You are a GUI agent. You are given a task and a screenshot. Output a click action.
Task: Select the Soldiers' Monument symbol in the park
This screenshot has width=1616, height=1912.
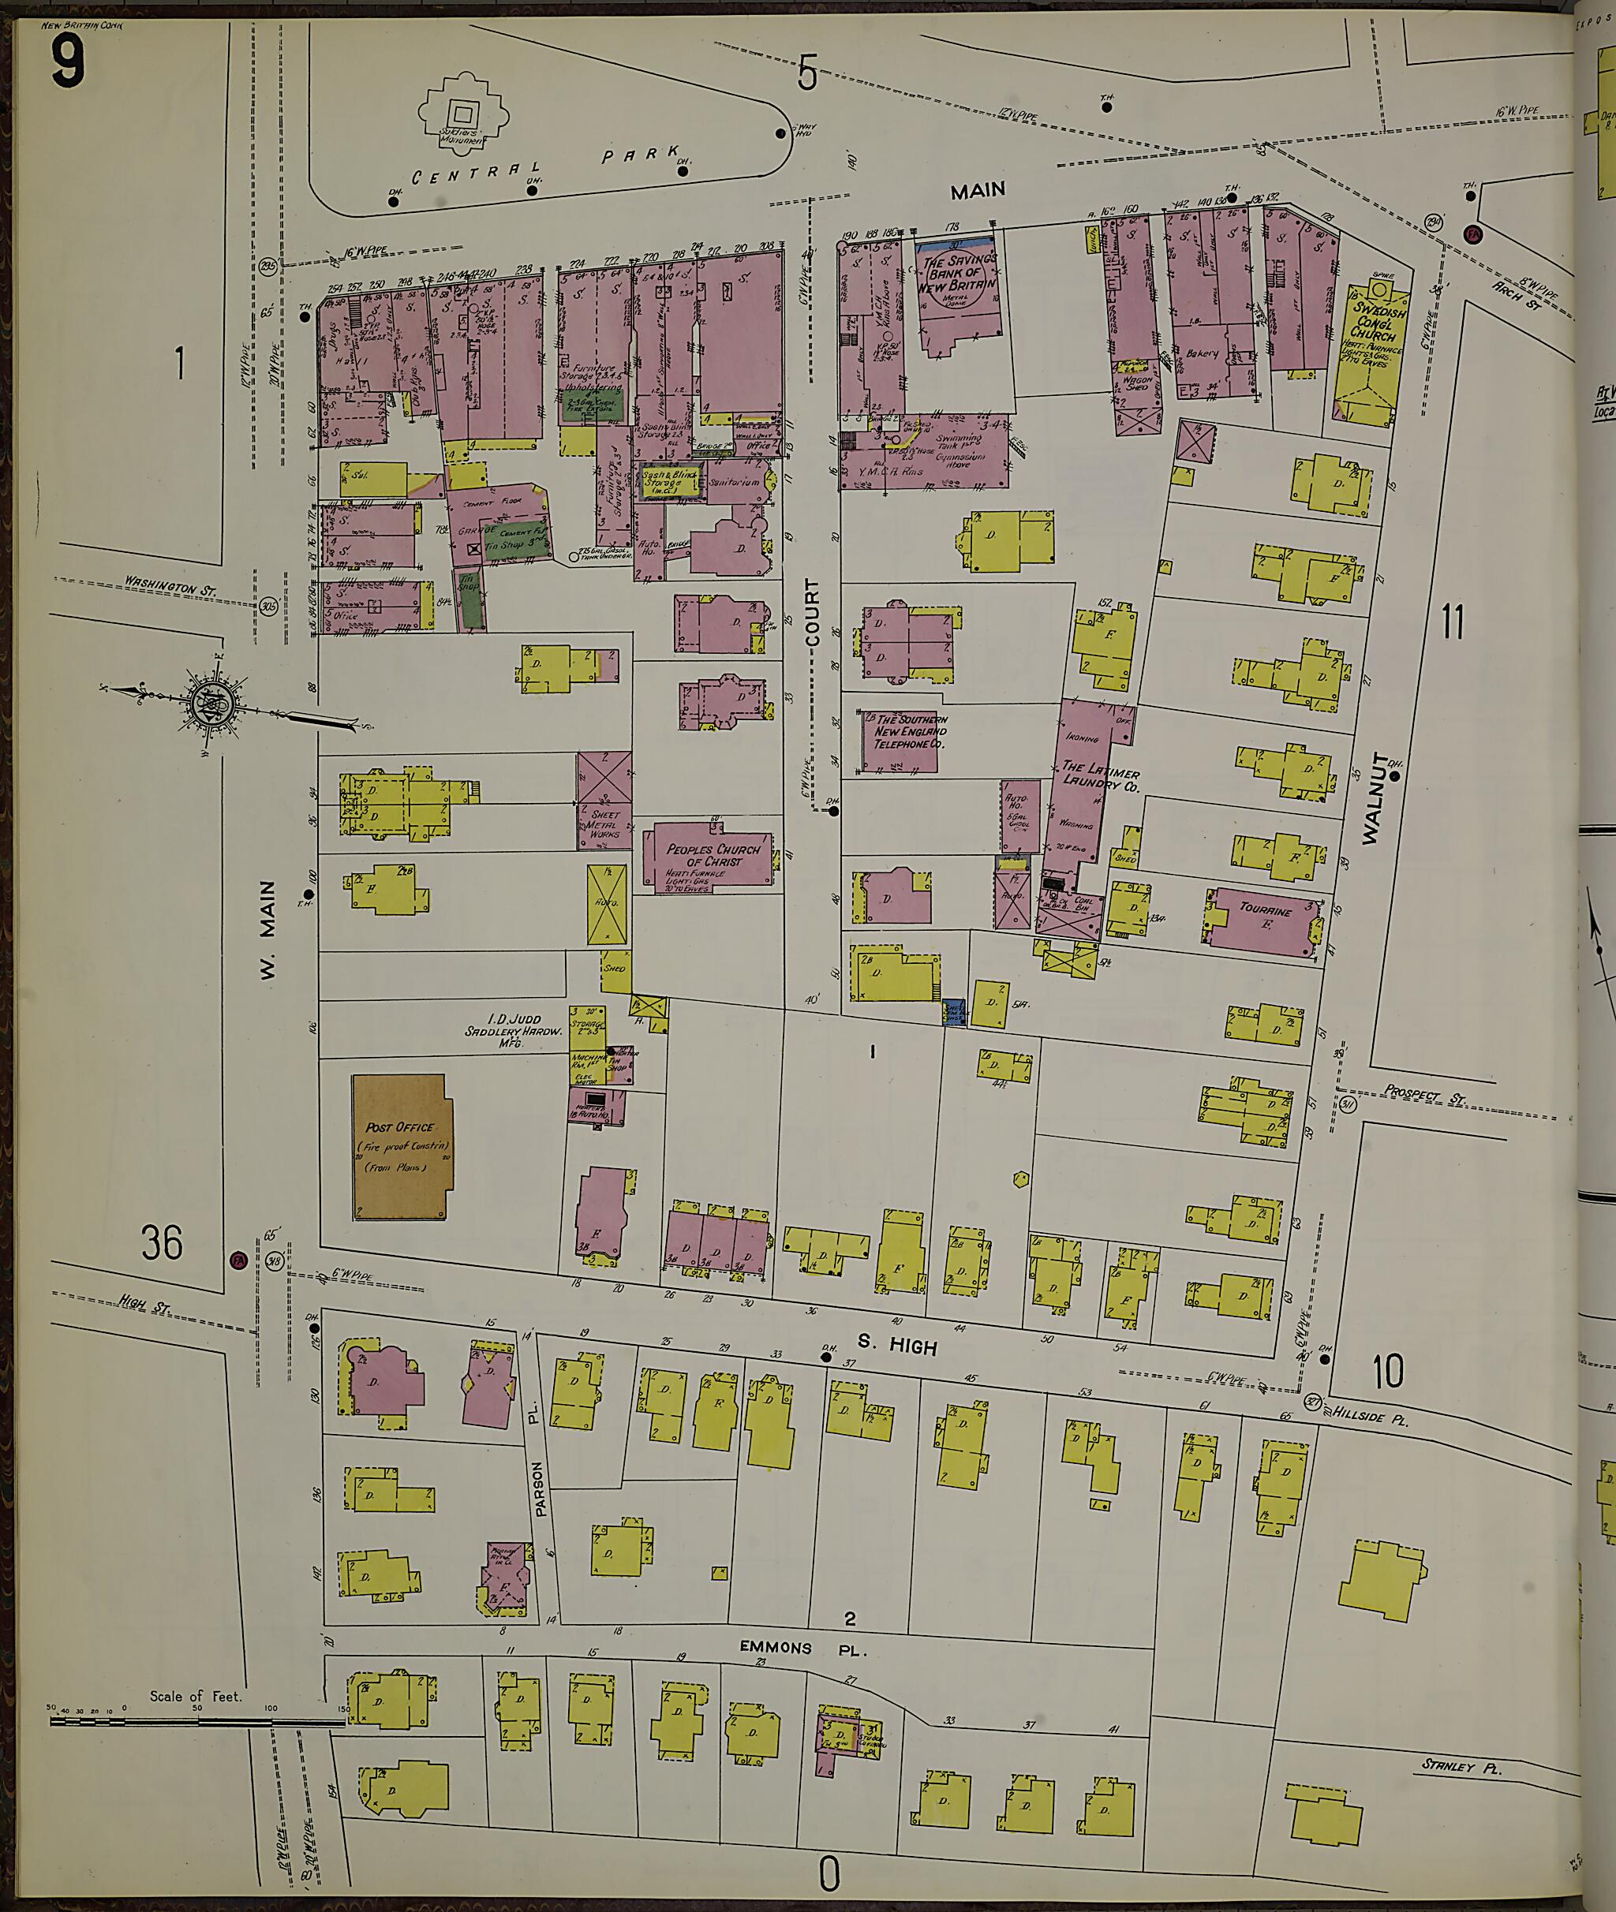pyautogui.click(x=462, y=114)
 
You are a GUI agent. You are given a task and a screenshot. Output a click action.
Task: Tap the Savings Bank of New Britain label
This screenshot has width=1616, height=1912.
pyautogui.click(x=958, y=274)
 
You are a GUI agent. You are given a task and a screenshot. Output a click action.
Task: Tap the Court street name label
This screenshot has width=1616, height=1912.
pyautogui.click(x=812, y=614)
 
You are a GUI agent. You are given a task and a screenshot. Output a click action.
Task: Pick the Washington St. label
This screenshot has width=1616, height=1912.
pyautogui.click(x=170, y=585)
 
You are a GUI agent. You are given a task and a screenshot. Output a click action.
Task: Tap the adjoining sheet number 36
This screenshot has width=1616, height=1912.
pyautogui.click(x=162, y=1242)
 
